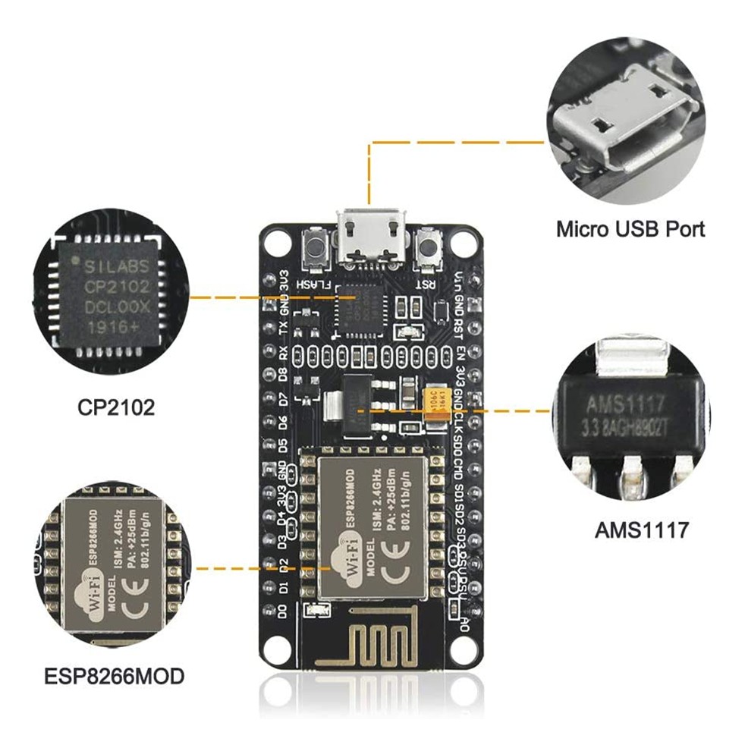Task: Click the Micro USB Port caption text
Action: tap(630, 228)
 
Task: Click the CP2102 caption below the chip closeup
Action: tap(116, 407)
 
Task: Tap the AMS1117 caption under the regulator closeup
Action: tap(641, 529)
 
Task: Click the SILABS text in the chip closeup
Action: tap(120, 267)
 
